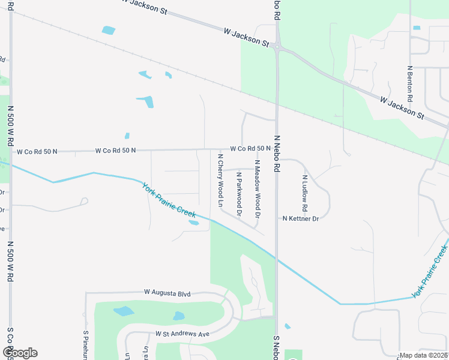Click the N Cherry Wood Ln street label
[x=220, y=181]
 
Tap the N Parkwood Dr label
[x=239, y=194]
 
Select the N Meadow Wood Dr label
[x=257, y=189]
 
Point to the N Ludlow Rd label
[x=305, y=193]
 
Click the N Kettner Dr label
[x=301, y=219]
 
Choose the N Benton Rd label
[x=410, y=83]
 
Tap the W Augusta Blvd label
[x=167, y=293]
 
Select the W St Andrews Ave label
[x=182, y=333]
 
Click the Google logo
[x=19, y=353]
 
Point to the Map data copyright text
[x=423, y=355]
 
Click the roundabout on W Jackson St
[x=277, y=46]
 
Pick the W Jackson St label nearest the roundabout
[x=246, y=36]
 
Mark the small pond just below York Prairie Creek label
[x=194, y=223]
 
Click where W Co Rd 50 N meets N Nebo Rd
[x=276, y=149]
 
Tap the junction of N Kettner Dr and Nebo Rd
[x=276, y=219]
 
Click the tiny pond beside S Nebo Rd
[x=288, y=326]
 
